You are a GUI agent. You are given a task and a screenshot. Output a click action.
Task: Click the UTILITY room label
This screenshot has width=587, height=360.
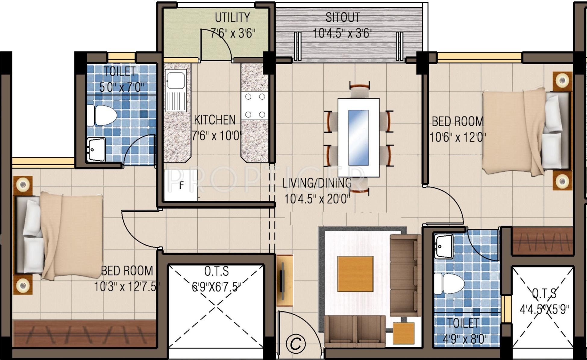232,17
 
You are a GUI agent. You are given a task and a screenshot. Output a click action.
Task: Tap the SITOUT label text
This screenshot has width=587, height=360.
343,17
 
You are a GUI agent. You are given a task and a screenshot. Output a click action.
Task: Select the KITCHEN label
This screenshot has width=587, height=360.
215,120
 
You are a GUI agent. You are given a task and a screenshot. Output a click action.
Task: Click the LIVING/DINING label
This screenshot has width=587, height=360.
317,183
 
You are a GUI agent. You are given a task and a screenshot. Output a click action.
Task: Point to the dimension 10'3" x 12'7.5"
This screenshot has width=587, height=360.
127,286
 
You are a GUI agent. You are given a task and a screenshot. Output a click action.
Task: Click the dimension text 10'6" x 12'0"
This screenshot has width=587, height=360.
458,137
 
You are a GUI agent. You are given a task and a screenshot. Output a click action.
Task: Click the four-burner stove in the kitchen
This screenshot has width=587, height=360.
255,106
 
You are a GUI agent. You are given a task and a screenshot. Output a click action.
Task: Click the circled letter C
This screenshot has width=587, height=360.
296,343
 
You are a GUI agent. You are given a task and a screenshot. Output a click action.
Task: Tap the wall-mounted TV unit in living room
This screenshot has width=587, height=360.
284,280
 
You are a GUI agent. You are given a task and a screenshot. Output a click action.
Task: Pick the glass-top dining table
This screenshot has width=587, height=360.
358,137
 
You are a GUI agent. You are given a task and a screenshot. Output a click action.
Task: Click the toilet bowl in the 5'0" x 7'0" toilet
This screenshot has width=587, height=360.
102,115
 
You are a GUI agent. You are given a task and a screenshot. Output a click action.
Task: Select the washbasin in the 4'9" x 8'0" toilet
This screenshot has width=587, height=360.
443,247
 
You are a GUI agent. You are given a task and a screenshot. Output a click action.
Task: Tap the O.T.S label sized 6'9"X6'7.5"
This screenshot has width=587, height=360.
216,271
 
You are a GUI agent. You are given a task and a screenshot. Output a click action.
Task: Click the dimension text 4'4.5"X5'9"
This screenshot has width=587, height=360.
544,309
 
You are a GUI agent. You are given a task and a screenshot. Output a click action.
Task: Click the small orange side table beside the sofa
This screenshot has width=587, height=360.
403,333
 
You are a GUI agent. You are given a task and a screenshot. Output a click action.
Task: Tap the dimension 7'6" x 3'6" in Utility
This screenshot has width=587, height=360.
233,33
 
